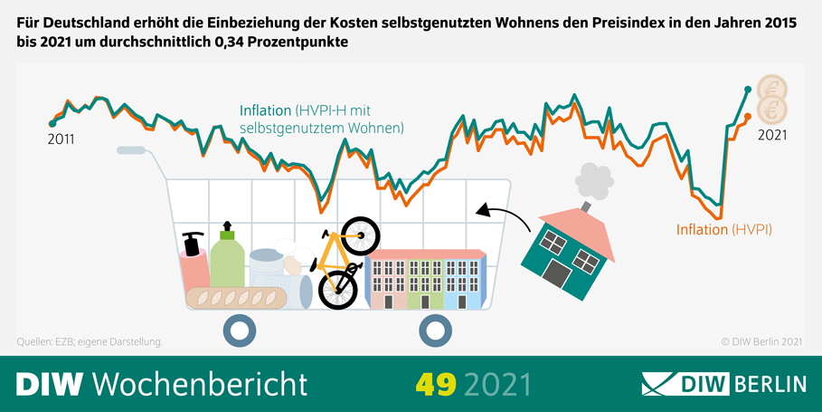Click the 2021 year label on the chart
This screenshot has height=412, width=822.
tap(771, 136)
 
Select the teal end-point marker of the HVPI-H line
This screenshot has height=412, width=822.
tap(748, 89)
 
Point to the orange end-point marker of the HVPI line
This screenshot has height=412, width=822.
tap(747, 117)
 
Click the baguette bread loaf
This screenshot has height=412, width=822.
tap(238, 296)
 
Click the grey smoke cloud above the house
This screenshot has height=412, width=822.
tap(592, 179)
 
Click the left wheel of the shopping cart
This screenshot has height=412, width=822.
tap(239, 331)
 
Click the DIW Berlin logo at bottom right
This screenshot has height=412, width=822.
tap(723, 383)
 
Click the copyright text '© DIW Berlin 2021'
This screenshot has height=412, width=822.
tap(761, 341)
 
